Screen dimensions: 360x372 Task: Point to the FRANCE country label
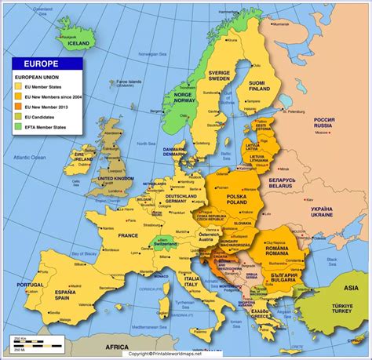pyautogui.click(x=128, y=235)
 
